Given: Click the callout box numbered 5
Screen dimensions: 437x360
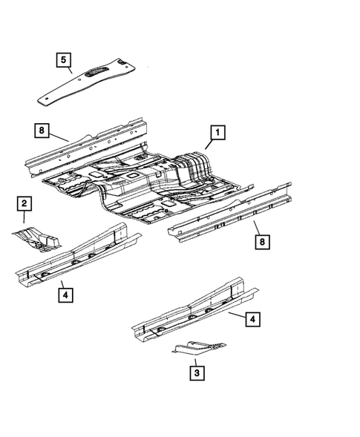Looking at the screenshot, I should coord(63,59).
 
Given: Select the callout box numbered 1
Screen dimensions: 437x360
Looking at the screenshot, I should coord(217,134).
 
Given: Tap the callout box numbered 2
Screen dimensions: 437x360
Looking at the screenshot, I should coord(23,203).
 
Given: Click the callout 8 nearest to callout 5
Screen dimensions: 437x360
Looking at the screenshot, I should coord(43,132).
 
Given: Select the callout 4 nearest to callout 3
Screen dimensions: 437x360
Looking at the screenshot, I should coord(252,320).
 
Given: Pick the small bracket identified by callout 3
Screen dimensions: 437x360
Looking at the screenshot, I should coord(199,346).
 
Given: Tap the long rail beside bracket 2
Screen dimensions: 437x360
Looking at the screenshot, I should coord(74,260).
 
